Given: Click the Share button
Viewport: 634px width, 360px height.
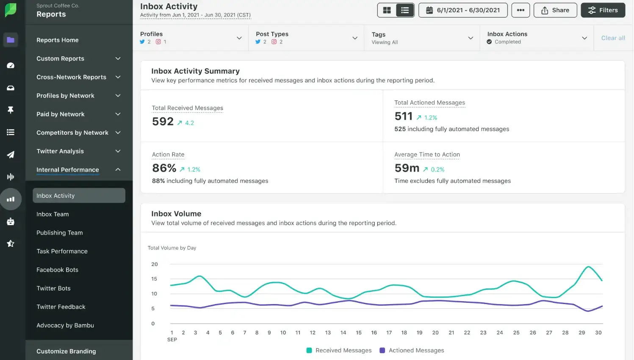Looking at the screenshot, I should (555, 10).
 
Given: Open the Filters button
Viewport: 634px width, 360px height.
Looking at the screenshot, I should (603, 10).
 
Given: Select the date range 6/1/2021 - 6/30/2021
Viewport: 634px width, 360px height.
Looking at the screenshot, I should (462, 10).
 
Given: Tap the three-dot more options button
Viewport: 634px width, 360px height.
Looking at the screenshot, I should (520, 10).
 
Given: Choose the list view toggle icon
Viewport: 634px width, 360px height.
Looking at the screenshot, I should (405, 10).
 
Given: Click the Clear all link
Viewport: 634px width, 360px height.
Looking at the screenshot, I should (613, 38).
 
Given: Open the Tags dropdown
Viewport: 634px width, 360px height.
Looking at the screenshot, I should (422, 38).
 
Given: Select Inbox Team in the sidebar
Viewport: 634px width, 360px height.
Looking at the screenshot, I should (53, 214).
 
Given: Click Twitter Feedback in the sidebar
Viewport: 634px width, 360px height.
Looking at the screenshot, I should (61, 307).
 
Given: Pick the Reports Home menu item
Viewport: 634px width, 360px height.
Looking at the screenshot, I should (58, 40).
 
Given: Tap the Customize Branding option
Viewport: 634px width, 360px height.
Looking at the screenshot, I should (66, 351).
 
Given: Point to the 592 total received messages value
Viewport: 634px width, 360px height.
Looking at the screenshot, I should (163, 122).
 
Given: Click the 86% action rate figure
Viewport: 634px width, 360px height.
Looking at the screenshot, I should (164, 168).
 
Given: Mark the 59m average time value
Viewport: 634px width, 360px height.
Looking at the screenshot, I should (407, 168).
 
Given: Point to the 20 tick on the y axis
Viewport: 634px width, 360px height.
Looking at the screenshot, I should (155, 264).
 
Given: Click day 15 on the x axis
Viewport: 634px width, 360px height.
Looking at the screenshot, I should (359, 332).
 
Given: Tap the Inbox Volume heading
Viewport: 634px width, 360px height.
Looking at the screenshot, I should (176, 214).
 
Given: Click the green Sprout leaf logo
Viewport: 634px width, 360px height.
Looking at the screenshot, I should (11, 10).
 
